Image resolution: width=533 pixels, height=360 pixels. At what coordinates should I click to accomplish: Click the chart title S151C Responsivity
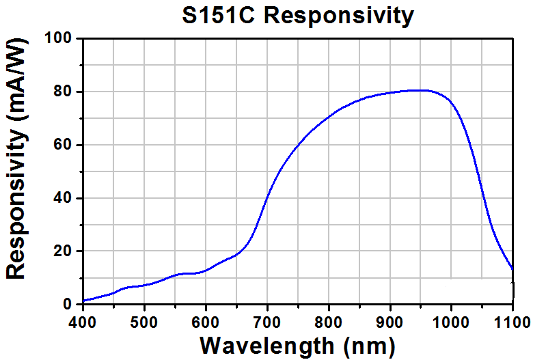tap(298, 16)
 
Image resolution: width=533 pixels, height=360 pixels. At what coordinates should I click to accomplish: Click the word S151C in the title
tap(218, 15)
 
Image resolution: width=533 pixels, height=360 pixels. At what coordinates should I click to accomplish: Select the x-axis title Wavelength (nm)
tap(298, 346)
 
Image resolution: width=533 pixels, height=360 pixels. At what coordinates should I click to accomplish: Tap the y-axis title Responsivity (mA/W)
tap(16, 158)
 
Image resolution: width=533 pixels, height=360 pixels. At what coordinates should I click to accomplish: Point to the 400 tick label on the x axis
tap(83, 322)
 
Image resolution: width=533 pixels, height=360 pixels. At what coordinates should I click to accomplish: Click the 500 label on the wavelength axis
tap(144, 322)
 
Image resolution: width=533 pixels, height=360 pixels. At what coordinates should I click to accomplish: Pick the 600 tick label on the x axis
tap(206, 322)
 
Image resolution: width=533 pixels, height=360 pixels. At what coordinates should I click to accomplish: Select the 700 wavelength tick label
tap(267, 322)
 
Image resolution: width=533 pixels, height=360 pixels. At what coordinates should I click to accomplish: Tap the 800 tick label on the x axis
tap(329, 322)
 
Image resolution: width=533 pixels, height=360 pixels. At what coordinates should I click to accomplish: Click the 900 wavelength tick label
tap(390, 322)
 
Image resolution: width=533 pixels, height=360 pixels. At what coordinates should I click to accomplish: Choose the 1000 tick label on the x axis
tap(451, 322)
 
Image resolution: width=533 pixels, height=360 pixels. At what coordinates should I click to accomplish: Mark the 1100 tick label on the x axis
tap(512, 322)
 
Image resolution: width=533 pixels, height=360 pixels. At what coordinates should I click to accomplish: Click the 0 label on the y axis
tap(67, 304)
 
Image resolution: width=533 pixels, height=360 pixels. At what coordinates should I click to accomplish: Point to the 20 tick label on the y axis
tap(63, 251)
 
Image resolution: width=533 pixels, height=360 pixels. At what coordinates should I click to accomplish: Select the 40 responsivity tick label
tap(63, 198)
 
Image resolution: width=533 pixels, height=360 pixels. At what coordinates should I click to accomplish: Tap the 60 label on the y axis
tap(63, 145)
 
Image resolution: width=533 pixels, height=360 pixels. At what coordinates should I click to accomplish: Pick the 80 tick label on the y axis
tap(63, 92)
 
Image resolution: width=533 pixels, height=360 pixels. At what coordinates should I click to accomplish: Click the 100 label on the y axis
tap(58, 38)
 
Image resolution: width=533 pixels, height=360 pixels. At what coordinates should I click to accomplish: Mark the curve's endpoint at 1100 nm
tap(512, 268)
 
